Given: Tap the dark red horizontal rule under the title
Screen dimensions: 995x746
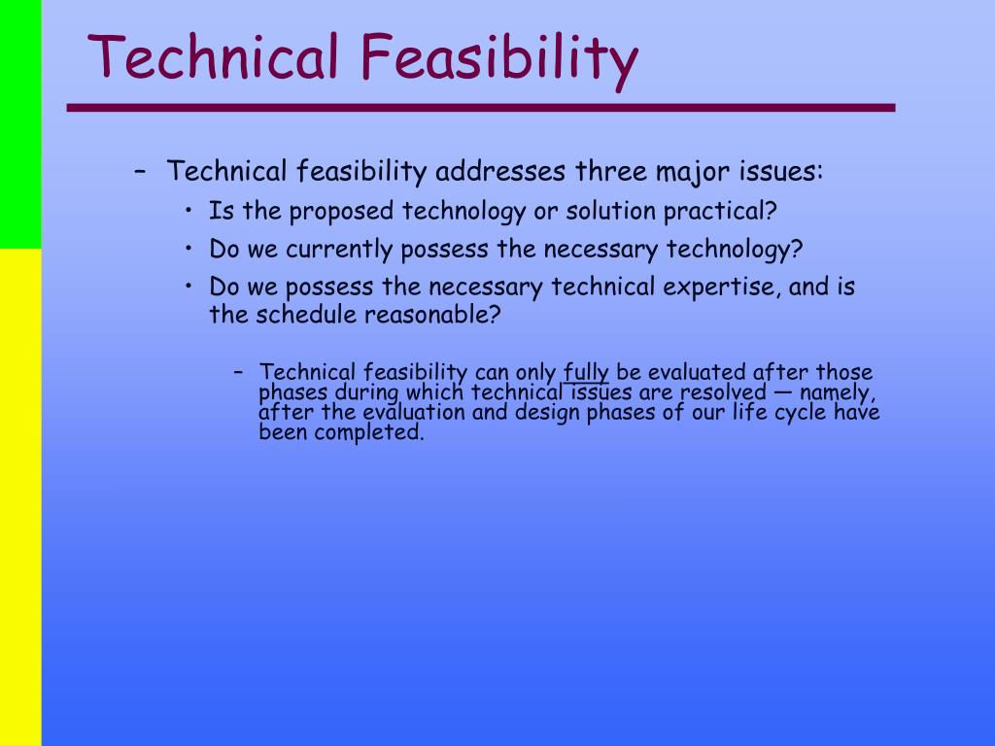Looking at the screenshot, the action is pyautogui.click(x=481, y=108).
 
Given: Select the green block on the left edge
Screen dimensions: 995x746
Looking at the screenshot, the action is pyautogui.click(x=20, y=124).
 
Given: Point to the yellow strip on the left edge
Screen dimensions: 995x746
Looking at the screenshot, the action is pyautogui.click(x=20, y=497).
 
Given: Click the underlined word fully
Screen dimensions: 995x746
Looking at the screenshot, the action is pyautogui.click(x=586, y=373).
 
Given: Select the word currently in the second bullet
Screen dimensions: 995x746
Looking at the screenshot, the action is pyautogui.click(x=339, y=250).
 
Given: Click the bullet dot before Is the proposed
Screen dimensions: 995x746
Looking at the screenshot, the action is pyautogui.click(x=189, y=210).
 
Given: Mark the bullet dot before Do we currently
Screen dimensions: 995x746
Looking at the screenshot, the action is pyautogui.click(x=189, y=248).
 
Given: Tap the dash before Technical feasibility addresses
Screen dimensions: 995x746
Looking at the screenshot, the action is pyautogui.click(x=141, y=171).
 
